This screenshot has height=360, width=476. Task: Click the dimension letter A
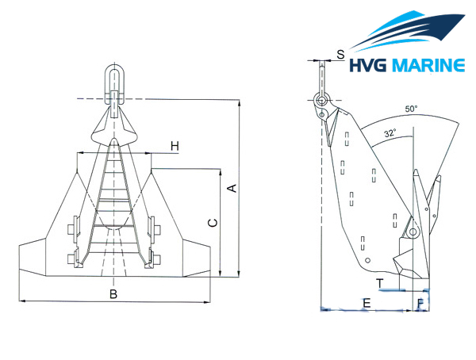[232, 187]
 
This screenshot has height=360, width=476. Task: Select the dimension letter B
[113, 294]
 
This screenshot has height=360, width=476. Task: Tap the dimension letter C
[212, 224]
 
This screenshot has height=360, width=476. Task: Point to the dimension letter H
[175, 146]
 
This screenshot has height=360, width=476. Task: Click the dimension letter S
[340, 55]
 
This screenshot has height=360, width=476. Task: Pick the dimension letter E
[366, 302]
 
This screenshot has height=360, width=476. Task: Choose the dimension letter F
[421, 302]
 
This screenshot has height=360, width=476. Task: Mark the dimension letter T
[381, 282]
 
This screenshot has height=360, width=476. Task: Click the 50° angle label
[410, 109]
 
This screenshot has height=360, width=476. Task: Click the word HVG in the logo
[371, 64]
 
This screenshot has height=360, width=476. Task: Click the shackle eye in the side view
[321, 101]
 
